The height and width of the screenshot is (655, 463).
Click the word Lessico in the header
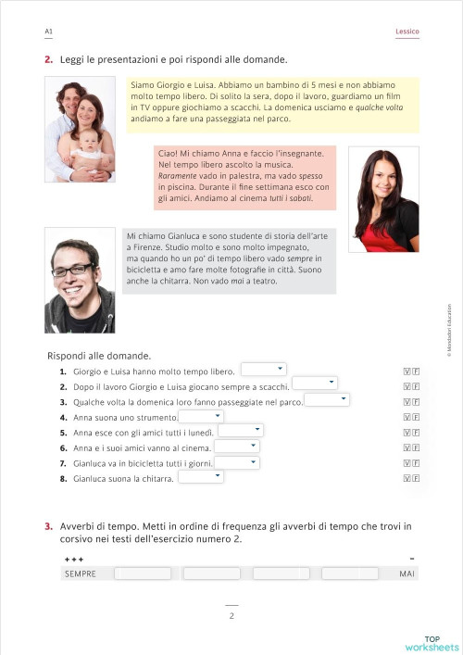click(x=407, y=31)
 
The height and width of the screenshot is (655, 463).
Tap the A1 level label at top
click(x=48, y=31)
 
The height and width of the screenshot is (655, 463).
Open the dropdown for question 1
click(x=263, y=370)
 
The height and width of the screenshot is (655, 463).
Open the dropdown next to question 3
click(x=326, y=400)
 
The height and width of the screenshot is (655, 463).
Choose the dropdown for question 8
click(x=201, y=477)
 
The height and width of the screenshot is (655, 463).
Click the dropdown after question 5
click(x=240, y=431)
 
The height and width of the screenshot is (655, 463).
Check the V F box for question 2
click(x=411, y=386)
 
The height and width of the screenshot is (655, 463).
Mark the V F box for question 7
click(x=411, y=463)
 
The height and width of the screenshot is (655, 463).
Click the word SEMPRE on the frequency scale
click(x=81, y=574)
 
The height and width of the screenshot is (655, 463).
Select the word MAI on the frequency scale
click(x=407, y=574)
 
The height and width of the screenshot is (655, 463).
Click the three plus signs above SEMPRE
click(x=74, y=561)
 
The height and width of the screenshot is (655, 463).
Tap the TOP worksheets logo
click(x=431, y=642)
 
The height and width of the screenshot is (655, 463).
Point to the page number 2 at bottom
click(x=231, y=615)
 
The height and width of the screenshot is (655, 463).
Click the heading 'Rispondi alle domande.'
click(x=99, y=356)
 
